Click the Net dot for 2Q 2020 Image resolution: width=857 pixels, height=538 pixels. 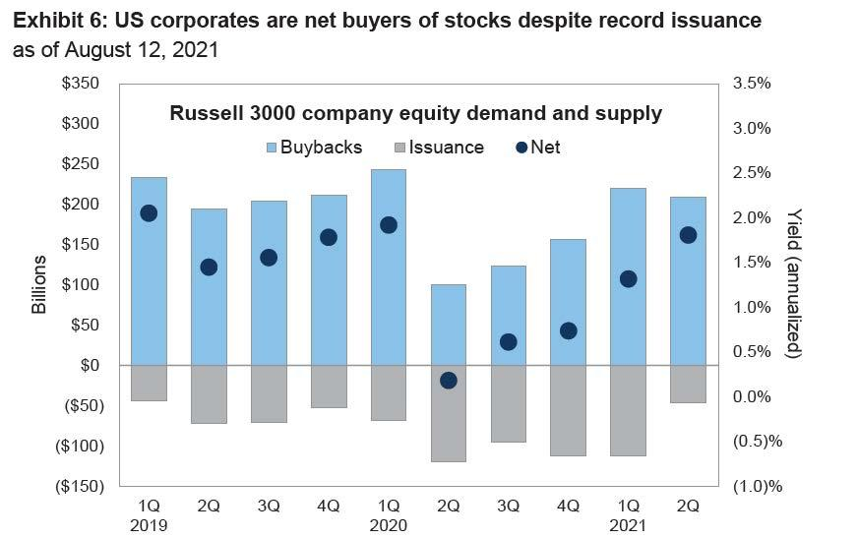pyautogui.click(x=449, y=381)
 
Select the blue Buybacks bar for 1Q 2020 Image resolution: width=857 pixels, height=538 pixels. pyautogui.click(x=389, y=267)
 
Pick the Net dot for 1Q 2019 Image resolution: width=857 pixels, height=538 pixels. pyautogui.click(x=149, y=213)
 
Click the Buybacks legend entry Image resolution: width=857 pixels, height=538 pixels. pyautogui.click(x=312, y=148)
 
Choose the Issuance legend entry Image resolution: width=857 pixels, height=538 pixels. pyautogui.click(x=437, y=148)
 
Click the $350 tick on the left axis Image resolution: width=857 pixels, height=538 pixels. pyautogui.click(x=80, y=84)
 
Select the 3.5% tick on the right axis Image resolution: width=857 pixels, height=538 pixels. pyautogui.click(x=753, y=84)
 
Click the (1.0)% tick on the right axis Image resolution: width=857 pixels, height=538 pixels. pyautogui.click(x=758, y=486)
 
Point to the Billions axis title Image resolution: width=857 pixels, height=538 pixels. pyautogui.click(x=39, y=284)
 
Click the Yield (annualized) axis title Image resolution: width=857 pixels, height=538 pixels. pyautogui.click(x=795, y=284)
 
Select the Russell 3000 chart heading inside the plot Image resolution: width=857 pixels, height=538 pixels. pyautogui.click(x=416, y=114)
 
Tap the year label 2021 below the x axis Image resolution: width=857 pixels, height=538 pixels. pyautogui.click(x=628, y=525)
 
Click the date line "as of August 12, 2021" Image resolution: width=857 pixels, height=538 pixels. pyautogui.click(x=115, y=50)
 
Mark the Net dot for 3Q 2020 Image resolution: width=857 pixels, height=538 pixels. pyautogui.click(x=509, y=342)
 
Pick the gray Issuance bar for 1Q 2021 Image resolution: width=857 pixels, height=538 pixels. pyautogui.click(x=628, y=410)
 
